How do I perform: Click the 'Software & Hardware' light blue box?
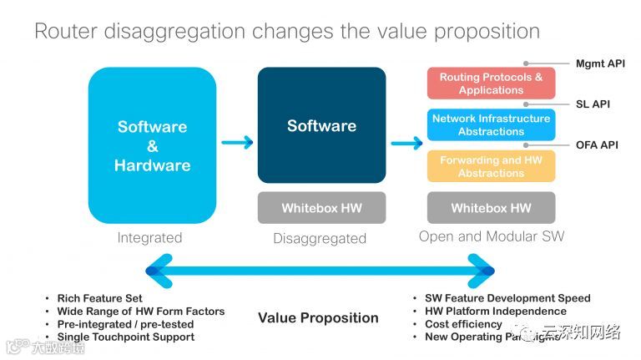tap(152, 145)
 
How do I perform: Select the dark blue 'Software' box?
tap(321, 125)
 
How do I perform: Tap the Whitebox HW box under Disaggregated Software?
tap(321, 208)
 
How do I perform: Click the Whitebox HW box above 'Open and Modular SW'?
tap(491, 208)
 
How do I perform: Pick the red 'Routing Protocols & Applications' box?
tap(491, 84)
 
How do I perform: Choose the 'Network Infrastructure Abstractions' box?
tap(491, 124)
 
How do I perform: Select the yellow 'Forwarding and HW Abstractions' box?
tap(491, 166)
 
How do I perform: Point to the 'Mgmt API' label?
tap(600, 63)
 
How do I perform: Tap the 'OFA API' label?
tap(597, 145)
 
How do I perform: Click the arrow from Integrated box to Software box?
tap(237, 143)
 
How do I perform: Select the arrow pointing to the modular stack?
tap(406, 144)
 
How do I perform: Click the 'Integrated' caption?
tap(149, 237)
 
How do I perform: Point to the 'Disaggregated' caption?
tap(320, 238)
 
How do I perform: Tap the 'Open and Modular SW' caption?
tap(491, 236)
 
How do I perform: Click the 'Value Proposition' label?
tap(318, 317)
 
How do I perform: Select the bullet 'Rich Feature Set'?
tap(99, 298)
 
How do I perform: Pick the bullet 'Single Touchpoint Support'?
tap(125, 337)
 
